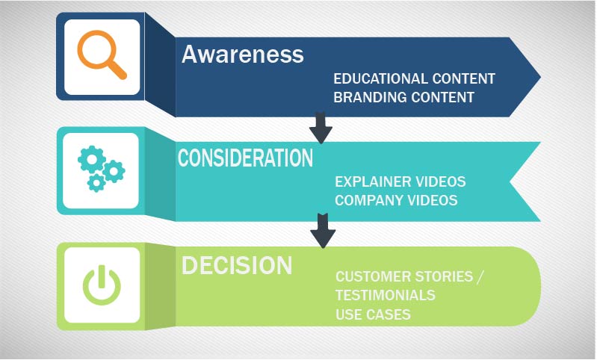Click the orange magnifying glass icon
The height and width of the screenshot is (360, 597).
point(102,57)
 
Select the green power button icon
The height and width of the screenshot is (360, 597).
point(102,286)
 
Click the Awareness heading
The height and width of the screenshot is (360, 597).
point(243,55)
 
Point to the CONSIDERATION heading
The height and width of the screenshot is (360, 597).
point(245,158)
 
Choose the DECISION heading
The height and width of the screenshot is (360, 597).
point(237,265)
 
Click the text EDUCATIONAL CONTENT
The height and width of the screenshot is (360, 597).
point(414,78)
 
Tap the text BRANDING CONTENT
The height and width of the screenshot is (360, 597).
point(403,97)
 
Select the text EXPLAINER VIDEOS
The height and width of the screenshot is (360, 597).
point(400,181)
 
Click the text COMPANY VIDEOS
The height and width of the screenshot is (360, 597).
point(396,200)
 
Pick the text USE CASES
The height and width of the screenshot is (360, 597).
point(373,314)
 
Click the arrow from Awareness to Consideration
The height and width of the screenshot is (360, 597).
point(321,128)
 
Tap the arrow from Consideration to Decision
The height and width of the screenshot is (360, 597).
point(323,231)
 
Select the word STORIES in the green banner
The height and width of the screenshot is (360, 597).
point(441,277)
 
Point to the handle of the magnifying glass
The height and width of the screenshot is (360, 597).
point(117,69)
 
